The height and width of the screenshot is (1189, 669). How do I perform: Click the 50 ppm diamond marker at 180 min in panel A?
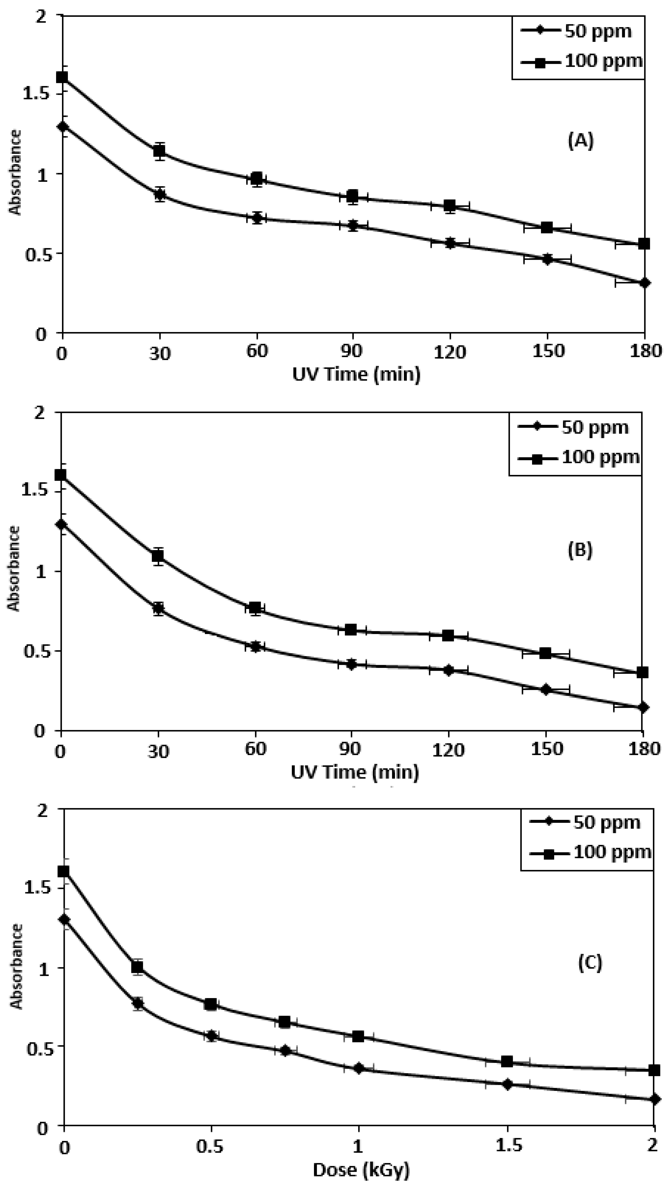pyautogui.click(x=644, y=283)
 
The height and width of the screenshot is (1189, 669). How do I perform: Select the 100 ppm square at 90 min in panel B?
pyautogui.click(x=351, y=629)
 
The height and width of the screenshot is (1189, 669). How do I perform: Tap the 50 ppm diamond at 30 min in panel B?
pyautogui.click(x=158, y=608)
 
